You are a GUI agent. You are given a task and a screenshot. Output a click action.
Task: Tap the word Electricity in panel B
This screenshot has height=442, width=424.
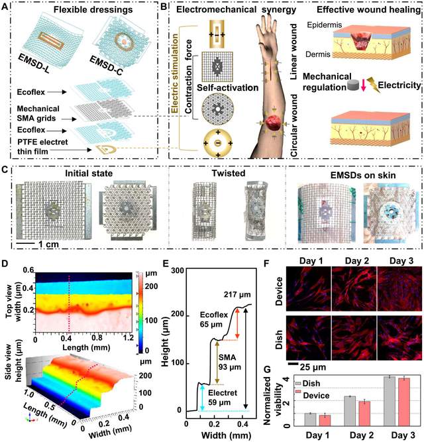(x=390, y=85)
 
